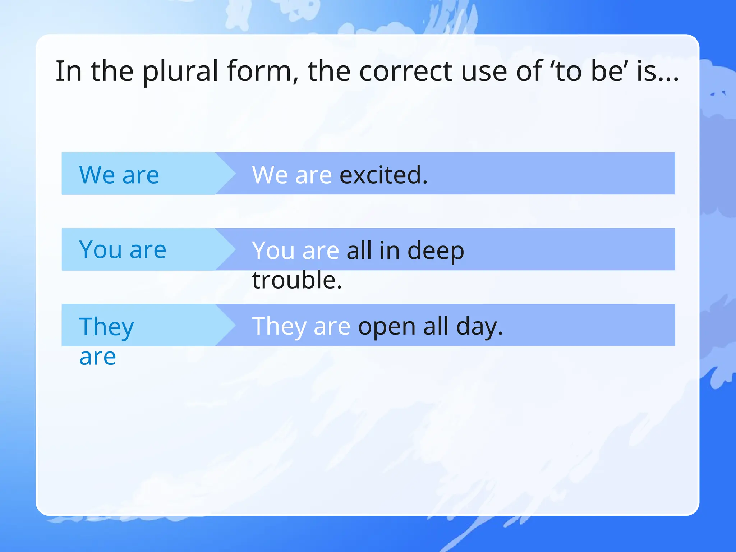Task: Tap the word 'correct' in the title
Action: pos(406,71)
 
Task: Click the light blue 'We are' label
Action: pos(119,175)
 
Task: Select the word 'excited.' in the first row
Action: pos(383,175)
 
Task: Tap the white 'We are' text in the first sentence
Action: pos(292,175)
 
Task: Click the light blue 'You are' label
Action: pos(123,249)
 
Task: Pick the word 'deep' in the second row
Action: pos(436,250)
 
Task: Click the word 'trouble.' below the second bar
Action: pos(297,280)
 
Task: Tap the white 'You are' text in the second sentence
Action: pos(295,250)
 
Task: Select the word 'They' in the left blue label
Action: pos(106,327)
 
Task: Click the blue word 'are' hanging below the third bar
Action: pos(97,357)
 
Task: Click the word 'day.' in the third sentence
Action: pos(479,327)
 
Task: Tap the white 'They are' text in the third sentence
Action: pos(301,327)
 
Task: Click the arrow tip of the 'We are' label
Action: pos(230,174)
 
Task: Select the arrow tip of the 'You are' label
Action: pos(230,249)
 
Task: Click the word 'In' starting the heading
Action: pos(68,71)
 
